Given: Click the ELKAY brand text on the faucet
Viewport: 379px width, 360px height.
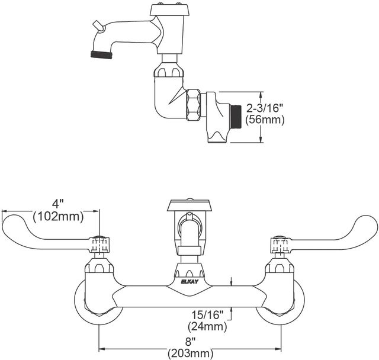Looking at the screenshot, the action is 189,282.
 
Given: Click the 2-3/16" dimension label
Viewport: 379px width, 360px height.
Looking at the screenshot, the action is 265,108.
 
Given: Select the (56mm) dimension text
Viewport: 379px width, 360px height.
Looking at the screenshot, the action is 265,120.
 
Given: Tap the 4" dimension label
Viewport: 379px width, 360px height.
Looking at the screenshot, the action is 57,204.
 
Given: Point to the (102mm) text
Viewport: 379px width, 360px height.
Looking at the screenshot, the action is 58,216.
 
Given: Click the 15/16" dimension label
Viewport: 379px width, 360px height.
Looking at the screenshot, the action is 207,315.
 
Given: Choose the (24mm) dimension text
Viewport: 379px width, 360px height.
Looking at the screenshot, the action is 207,327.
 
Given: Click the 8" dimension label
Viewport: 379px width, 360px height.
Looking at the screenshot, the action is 191,342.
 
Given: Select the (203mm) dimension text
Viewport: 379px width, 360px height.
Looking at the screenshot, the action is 191,353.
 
